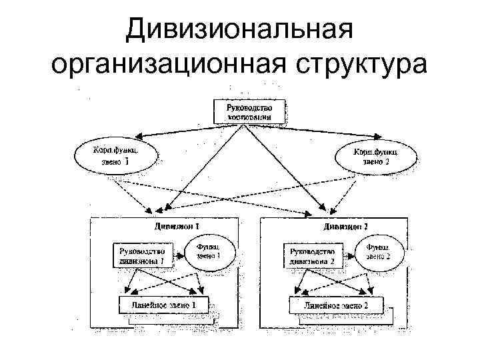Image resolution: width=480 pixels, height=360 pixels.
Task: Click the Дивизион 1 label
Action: (176, 226)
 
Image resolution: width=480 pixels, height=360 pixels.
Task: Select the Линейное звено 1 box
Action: (163, 305)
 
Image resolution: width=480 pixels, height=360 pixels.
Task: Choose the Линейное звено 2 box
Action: (337, 305)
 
